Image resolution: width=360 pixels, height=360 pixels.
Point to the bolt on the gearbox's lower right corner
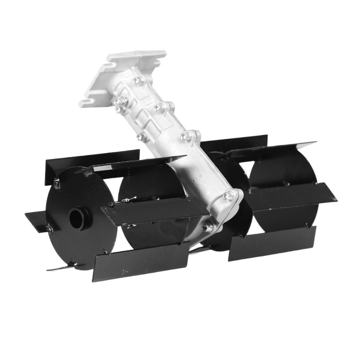[x=229, y=195]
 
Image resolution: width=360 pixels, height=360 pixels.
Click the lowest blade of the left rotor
[x=141, y=262]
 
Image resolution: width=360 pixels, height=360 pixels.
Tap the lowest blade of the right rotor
[x=272, y=243]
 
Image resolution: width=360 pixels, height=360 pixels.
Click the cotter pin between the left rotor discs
[x=128, y=200]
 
